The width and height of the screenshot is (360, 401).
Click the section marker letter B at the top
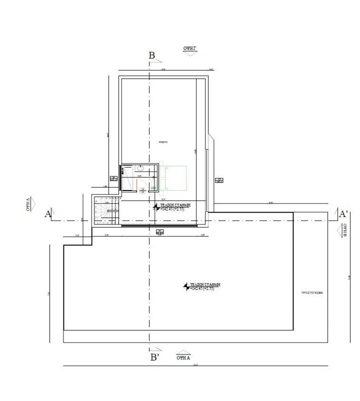[x=152, y=55]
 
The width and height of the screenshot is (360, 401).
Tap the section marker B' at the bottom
[x=154, y=357]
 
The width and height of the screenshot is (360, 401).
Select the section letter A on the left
[x=48, y=214]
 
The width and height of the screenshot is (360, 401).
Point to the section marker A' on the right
[x=343, y=213]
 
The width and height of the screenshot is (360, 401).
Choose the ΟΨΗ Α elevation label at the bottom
[x=183, y=357]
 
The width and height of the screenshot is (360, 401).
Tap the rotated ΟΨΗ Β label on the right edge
[x=344, y=232]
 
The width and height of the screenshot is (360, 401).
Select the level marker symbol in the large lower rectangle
[x=187, y=286]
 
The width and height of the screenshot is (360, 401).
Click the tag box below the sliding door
[x=159, y=232]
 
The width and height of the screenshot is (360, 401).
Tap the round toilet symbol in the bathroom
[x=141, y=189]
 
